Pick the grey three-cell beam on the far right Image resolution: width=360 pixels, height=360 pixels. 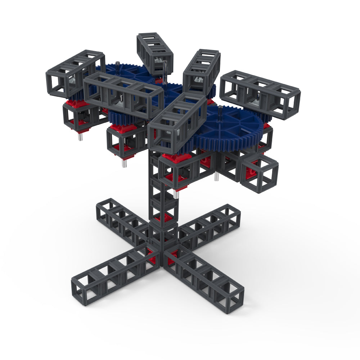pyautogui.click(x=260, y=94)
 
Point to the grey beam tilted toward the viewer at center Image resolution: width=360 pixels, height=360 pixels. pyautogui.click(x=176, y=122)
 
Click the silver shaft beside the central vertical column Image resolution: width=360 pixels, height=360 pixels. pyautogui.click(x=176, y=194)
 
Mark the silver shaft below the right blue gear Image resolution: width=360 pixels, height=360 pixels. pyautogui.click(x=217, y=176)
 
